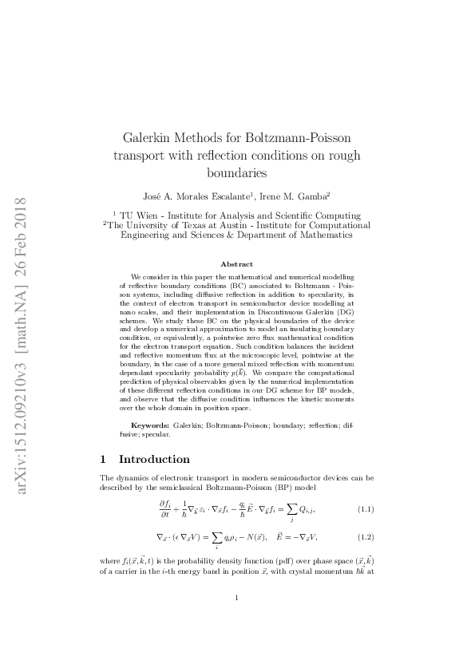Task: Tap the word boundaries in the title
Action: (x=236, y=172)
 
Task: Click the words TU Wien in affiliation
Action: (x=137, y=215)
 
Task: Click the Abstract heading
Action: (x=236, y=264)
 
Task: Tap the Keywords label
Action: (x=150, y=427)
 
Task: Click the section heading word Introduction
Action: (x=154, y=459)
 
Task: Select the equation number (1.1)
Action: (x=366, y=508)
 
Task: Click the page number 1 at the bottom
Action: (x=237, y=598)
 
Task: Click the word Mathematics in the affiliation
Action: (x=318, y=235)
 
